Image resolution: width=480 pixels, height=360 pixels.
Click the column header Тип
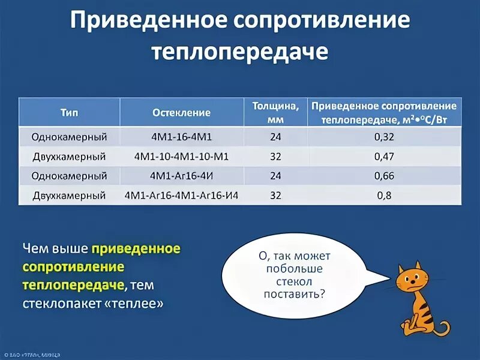[69, 112]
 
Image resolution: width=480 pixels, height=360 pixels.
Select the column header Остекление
[181, 112]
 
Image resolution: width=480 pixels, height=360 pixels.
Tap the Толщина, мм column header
[275, 112]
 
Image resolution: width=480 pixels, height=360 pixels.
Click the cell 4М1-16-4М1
[181, 137]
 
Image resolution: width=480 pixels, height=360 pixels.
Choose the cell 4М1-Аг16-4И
[181, 176]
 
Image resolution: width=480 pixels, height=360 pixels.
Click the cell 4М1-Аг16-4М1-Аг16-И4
[181, 196]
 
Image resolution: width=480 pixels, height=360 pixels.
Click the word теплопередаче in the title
[240, 52]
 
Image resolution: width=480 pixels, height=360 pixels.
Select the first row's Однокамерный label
[69, 137]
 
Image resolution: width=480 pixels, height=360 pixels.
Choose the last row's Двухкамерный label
[69, 196]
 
